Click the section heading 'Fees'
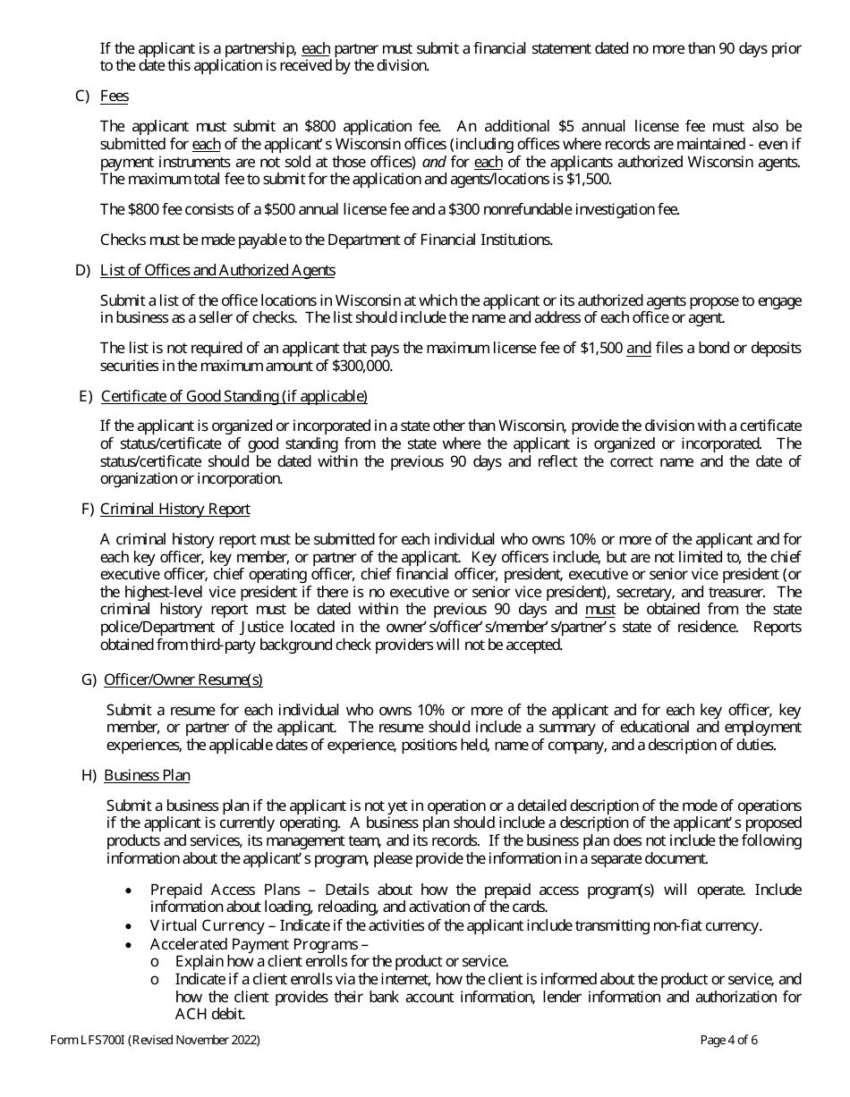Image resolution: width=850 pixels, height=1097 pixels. click(x=114, y=96)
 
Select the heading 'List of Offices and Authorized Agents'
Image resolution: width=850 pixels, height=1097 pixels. click(x=217, y=270)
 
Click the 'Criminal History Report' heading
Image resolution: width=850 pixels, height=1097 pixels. click(x=174, y=509)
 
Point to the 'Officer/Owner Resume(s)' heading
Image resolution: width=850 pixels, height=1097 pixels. click(x=183, y=679)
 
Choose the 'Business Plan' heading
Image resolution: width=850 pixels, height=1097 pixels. click(x=147, y=775)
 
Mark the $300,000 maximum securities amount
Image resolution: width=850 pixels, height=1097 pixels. click(x=362, y=366)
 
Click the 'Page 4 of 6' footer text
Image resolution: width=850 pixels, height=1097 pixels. click(x=728, y=1040)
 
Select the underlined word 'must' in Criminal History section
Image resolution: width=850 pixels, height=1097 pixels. click(x=599, y=610)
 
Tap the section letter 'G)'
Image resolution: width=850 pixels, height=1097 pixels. click(x=89, y=679)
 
